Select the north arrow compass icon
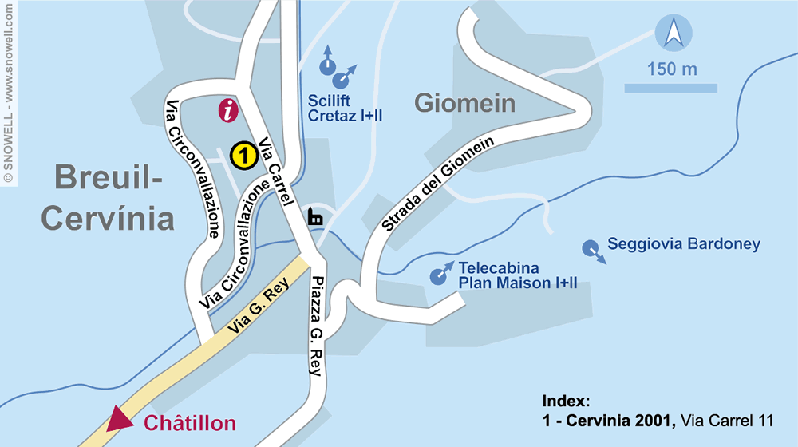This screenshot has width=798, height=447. click(672, 34)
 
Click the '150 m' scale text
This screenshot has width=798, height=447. click(672, 69)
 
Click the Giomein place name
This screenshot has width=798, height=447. click(464, 103)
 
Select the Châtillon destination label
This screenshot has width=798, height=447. click(190, 423)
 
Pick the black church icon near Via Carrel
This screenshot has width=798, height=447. click(316, 216)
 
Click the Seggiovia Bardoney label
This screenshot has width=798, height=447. click(684, 244)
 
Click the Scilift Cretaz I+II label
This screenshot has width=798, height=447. click(345, 109)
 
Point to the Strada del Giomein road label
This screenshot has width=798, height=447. click(438, 184)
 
